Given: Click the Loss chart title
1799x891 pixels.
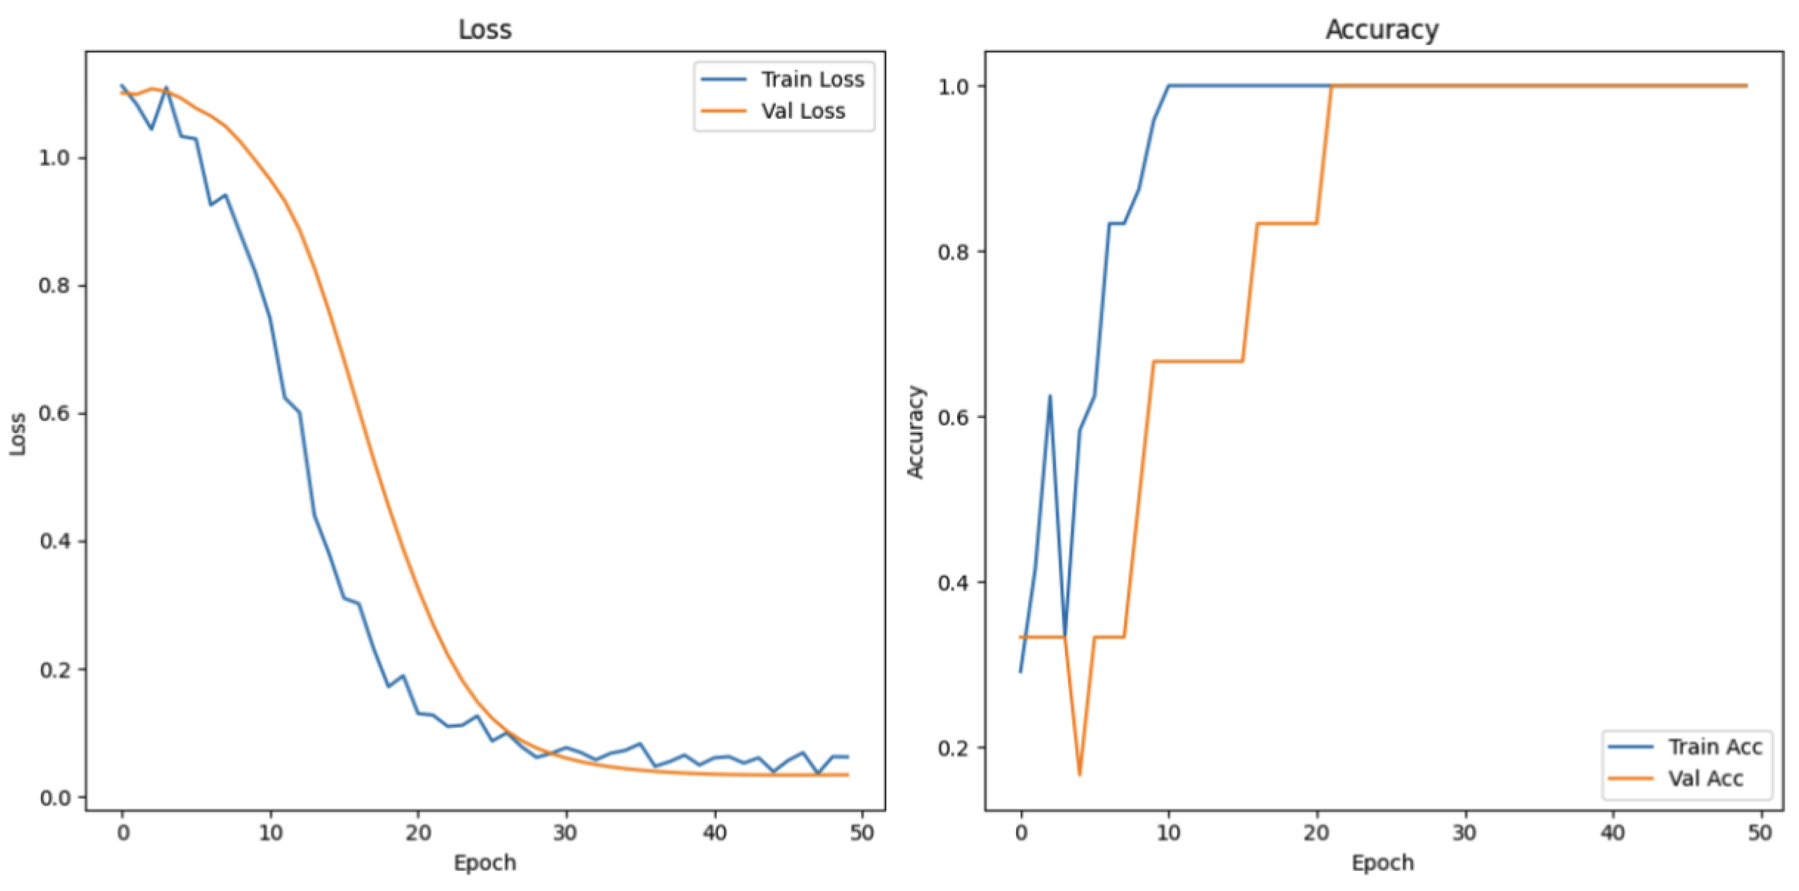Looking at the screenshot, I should (485, 29).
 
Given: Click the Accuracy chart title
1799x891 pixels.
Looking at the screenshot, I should (1382, 29).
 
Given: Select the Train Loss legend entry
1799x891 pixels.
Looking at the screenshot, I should (812, 80).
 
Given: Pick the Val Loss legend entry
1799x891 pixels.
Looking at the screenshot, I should (802, 111).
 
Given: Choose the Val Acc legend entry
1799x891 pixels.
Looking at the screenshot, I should (1705, 778).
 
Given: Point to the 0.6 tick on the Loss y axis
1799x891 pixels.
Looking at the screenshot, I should (55, 413).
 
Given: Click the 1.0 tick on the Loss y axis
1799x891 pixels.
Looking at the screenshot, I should (55, 158).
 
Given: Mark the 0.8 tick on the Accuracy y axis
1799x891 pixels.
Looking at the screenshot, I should (954, 252).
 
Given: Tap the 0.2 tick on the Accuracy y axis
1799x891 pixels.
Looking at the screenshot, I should (954, 747).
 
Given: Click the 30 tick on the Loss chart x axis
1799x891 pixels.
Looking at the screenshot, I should (565, 833).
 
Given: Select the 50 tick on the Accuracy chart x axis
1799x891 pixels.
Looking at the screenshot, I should (1761, 833).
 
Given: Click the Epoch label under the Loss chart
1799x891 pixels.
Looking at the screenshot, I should (485, 863).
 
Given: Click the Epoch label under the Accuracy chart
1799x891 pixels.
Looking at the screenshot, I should (1383, 863).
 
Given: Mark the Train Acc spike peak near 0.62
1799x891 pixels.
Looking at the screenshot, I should (1050, 396).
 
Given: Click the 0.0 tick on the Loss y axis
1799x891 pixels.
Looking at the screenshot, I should (55, 798).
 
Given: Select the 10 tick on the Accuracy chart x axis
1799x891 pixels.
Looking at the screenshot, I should (1168, 833).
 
